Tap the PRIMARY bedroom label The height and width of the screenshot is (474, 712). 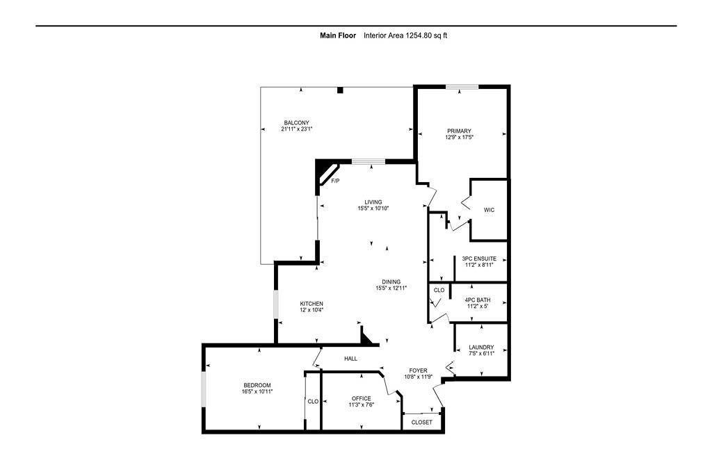point(459,131)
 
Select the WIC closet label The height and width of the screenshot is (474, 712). point(489,210)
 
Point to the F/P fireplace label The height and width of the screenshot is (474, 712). point(335,181)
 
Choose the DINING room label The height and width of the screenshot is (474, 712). point(391,281)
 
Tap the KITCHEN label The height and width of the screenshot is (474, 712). point(311,304)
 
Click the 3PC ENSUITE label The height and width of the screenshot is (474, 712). point(480,259)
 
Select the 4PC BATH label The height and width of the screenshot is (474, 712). point(478,300)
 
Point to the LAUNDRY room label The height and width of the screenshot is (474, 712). point(481,348)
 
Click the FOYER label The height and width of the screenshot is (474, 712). point(418,370)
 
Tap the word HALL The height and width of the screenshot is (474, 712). point(350,359)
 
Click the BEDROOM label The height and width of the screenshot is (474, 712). point(257,385)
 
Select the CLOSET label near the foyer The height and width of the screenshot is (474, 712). point(421,422)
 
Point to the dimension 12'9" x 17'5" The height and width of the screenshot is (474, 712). point(459,138)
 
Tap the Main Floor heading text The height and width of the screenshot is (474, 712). point(337,35)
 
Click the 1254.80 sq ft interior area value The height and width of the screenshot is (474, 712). point(426,35)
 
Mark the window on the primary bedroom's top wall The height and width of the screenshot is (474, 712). point(462,87)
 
